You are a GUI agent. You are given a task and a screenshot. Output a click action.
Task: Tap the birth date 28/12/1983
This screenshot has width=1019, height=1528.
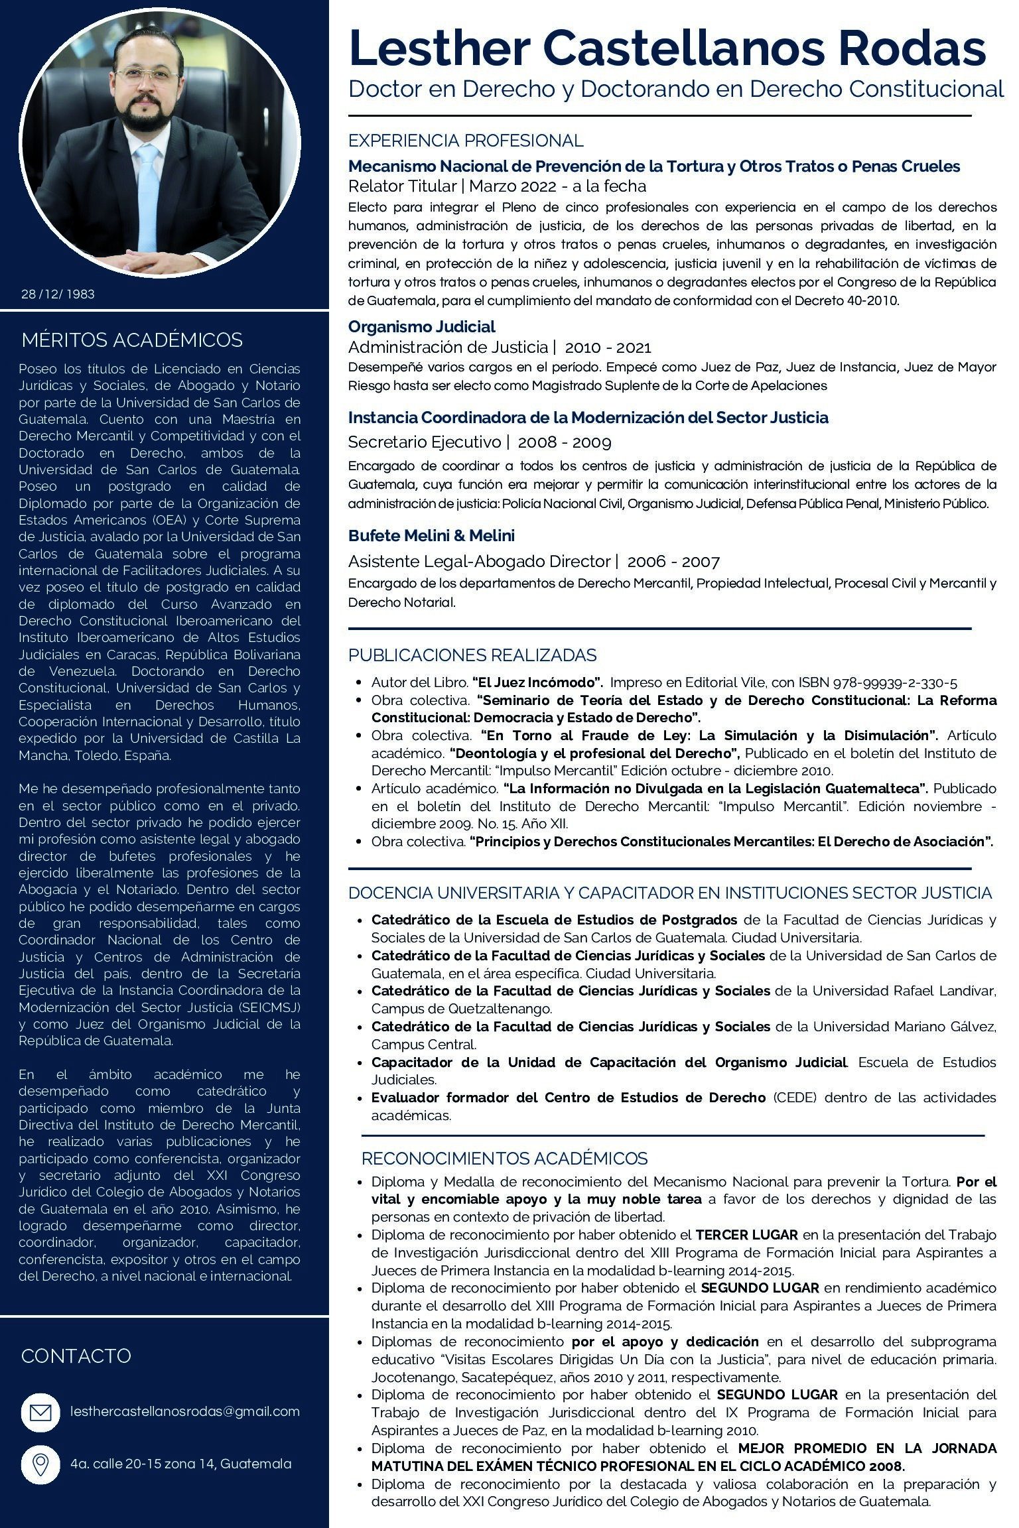(58, 294)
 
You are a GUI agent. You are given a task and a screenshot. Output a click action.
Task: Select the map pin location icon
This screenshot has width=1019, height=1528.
(40, 1464)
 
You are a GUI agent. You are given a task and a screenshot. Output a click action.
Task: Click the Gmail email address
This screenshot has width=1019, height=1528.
(185, 1411)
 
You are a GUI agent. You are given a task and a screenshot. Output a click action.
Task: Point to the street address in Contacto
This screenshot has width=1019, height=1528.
(180, 1464)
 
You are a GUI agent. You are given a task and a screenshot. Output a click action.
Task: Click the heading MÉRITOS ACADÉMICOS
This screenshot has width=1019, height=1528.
(132, 340)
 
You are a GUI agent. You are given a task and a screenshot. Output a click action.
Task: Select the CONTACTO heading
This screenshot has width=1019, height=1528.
(76, 1356)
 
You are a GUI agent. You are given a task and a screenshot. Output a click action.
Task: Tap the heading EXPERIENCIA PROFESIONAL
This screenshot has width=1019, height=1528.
(466, 141)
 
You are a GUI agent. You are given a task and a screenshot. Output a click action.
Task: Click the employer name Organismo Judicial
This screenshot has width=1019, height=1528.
(421, 326)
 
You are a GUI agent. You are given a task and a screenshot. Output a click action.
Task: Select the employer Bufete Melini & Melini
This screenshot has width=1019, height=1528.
(431, 535)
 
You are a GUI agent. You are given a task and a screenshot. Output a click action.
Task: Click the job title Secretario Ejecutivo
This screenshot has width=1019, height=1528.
(424, 442)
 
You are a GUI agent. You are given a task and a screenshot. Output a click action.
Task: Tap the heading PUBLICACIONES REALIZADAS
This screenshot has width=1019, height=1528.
(472, 655)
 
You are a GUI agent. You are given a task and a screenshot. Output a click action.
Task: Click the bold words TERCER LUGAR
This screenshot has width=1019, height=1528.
(746, 1235)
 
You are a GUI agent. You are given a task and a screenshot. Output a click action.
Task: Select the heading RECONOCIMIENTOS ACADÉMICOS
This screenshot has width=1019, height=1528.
(504, 1159)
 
